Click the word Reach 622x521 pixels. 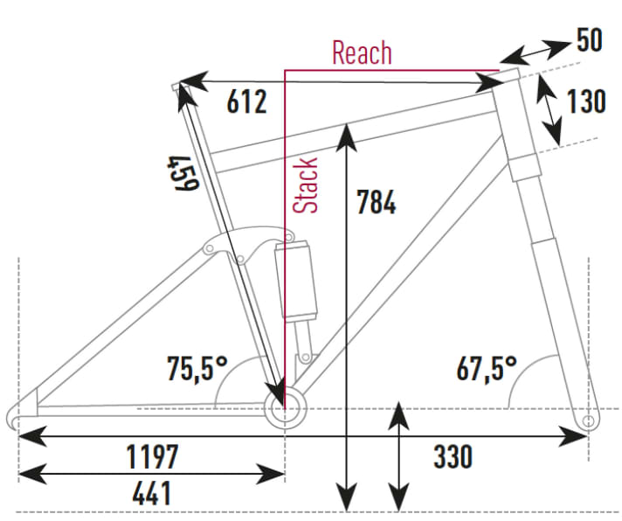coord(362,52)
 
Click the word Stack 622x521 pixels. coord(306,185)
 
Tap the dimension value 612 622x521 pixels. coord(246,102)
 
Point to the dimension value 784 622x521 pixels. coord(376,203)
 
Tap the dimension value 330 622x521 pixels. coord(453,455)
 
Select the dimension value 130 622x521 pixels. coord(585,102)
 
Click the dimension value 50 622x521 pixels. coord(590,40)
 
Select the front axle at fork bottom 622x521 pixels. coord(588,422)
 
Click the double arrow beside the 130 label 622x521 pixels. coord(549,109)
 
